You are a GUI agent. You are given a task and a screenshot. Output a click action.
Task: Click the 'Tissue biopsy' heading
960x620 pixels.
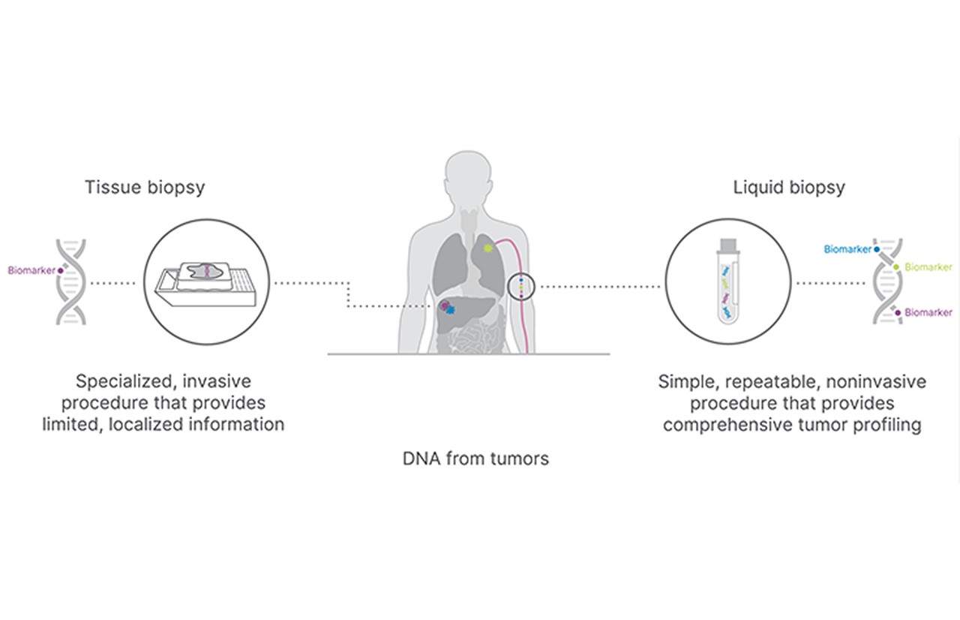point(145,187)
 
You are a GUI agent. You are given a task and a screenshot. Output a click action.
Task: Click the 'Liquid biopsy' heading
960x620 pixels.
point(789,187)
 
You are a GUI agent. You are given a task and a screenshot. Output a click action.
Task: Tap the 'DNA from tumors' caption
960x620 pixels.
point(475,458)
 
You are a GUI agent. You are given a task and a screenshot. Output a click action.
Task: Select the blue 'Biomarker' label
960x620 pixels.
point(847,249)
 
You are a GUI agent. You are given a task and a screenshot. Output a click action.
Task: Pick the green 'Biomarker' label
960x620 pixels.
point(928,267)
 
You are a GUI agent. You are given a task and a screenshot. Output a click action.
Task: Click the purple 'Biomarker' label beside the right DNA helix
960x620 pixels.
point(928,312)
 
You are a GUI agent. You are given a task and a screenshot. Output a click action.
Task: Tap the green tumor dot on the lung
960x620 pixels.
point(489,247)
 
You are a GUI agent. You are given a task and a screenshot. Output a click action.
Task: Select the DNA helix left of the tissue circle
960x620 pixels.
point(71,281)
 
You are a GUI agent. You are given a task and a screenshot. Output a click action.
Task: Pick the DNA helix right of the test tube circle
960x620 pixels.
point(887,281)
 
